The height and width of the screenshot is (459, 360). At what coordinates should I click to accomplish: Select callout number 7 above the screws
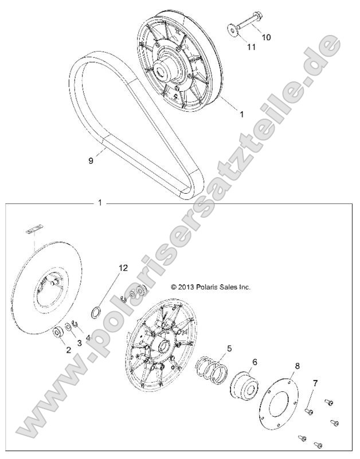314,382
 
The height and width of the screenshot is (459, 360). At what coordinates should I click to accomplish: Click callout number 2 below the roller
68,350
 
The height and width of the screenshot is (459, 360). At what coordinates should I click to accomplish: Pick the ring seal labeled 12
97,312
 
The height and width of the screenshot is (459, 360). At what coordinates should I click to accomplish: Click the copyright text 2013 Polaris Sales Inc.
211,287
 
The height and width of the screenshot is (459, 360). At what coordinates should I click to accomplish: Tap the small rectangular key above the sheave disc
36,230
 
